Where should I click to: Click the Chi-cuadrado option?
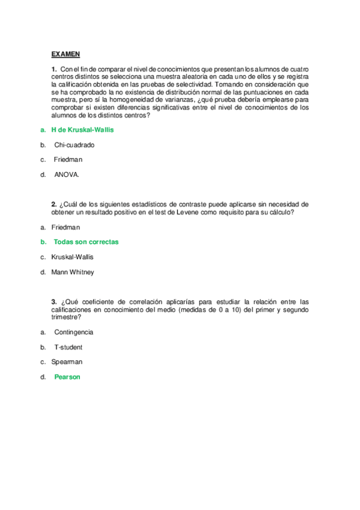tap(74, 145)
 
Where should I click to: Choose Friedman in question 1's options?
tap(68, 159)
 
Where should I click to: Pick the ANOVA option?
tap(67, 174)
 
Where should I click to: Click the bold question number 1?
tap(53, 70)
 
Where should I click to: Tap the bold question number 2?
tap(53, 204)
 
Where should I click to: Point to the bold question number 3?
tap(53, 301)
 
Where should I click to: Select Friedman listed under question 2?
tap(66, 227)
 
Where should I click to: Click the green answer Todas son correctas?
tap(86, 242)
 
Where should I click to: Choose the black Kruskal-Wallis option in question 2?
tap(73, 257)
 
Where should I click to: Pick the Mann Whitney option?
tap(73, 272)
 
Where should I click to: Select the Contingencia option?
tap(73, 332)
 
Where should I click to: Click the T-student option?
tap(68, 347)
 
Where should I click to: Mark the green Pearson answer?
tap(67, 377)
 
